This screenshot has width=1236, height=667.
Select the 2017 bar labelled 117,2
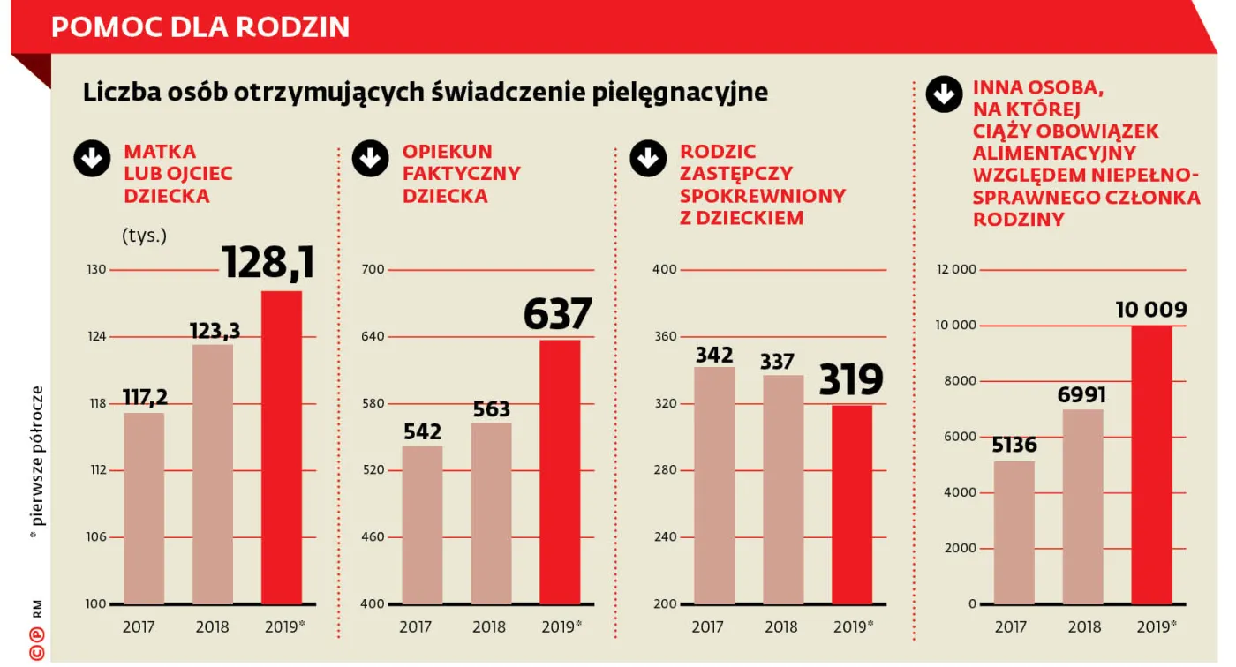tap(144, 508)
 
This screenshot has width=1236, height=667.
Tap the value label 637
tap(557, 315)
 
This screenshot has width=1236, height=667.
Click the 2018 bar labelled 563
tap(491, 513)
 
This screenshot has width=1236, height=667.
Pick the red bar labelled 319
tap(851, 504)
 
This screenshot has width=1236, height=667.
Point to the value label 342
tap(714, 355)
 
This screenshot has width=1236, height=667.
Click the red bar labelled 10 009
tap(1151, 464)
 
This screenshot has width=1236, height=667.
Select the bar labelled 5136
tap(1014, 532)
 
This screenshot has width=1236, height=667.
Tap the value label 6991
tap(1081, 394)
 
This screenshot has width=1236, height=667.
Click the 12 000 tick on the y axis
tap(955, 269)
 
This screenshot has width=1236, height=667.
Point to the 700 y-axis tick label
tap(373, 269)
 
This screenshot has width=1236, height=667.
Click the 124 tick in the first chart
tap(96, 336)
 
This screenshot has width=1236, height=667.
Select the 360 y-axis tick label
tap(665, 336)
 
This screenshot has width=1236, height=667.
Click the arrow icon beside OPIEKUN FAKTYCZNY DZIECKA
tap(370, 159)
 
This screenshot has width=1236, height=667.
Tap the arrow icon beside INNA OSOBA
tap(944, 94)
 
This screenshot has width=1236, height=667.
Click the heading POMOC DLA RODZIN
tap(200, 26)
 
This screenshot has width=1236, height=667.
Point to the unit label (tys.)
tap(144, 236)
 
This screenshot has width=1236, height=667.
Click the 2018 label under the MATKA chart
tap(212, 627)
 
